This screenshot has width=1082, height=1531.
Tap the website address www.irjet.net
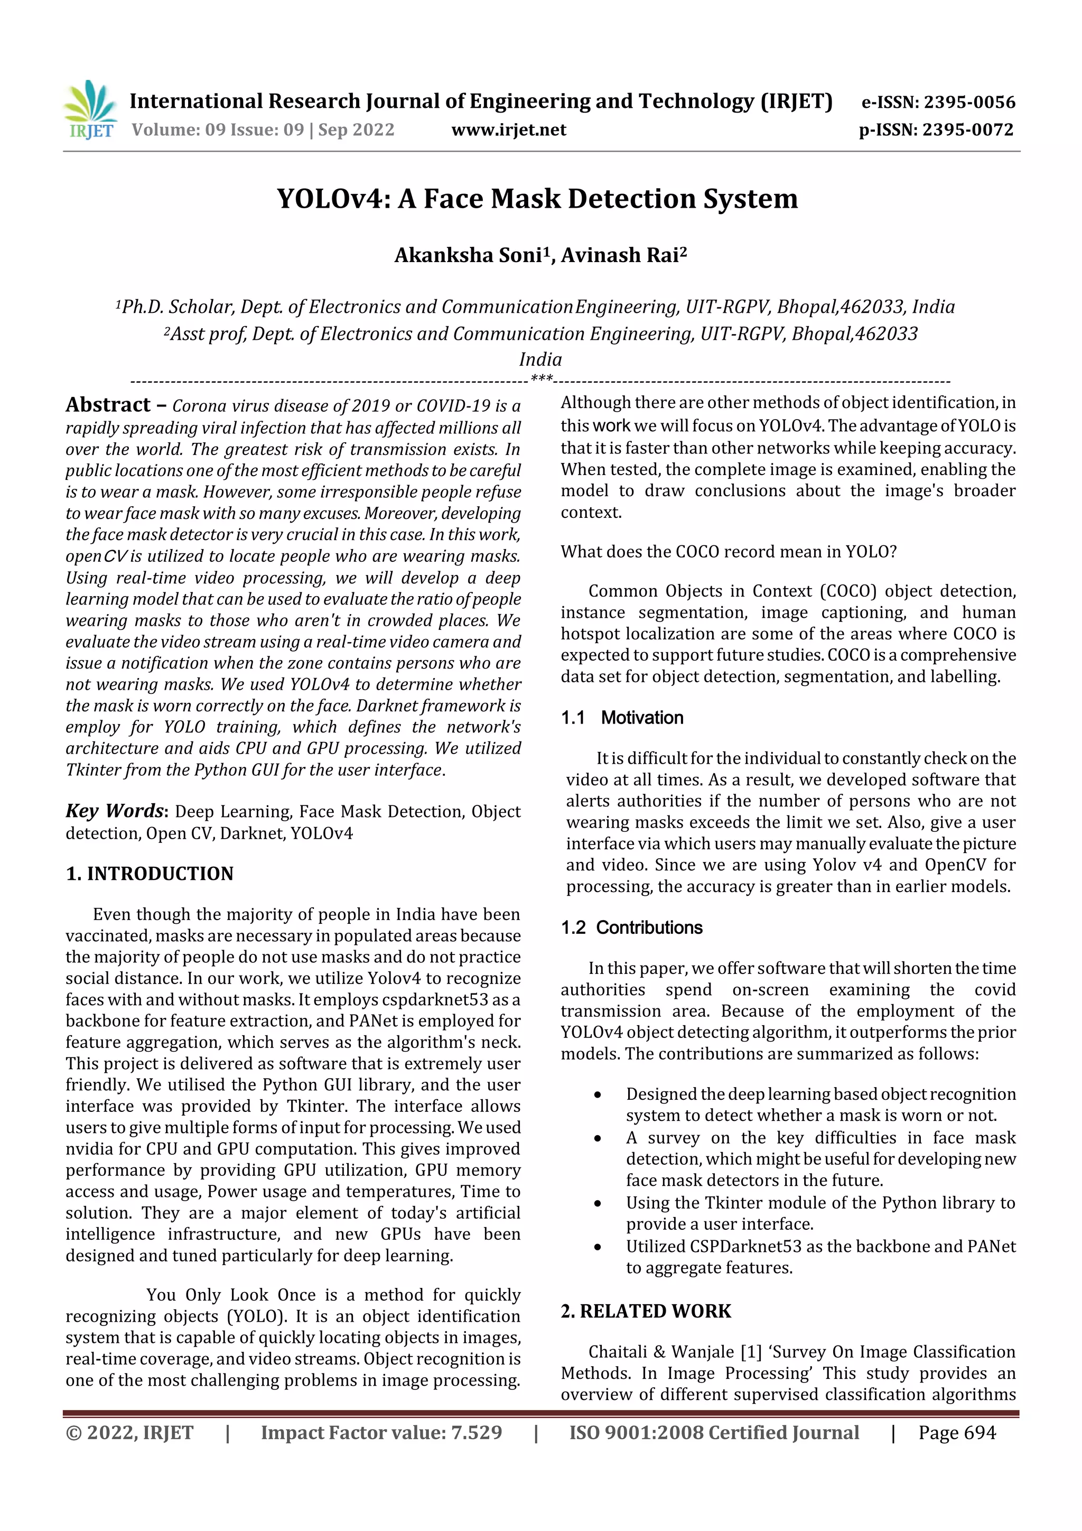pyautogui.click(x=509, y=129)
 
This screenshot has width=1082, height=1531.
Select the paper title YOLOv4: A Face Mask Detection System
pyautogui.click(x=537, y=199)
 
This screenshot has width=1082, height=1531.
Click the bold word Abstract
pyautogui.click(x=108, y=405)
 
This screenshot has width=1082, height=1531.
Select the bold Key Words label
pyautogui.click(x=115, y=810)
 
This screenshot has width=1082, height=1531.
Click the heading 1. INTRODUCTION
pyautogui.click(x=150, y=874)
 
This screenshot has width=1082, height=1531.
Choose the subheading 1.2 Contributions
pyautogui.click(x=631, y=927)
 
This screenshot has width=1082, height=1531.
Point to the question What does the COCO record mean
pyautogui.click(x=728, y=551)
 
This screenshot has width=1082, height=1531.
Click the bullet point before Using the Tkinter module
pyautogui.click(x=598, y=1203)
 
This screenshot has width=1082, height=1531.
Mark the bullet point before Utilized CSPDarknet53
pyautogui.click(x=598, y=1247)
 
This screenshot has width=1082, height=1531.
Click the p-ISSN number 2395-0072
pyautogui.click(x=967, y=129)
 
